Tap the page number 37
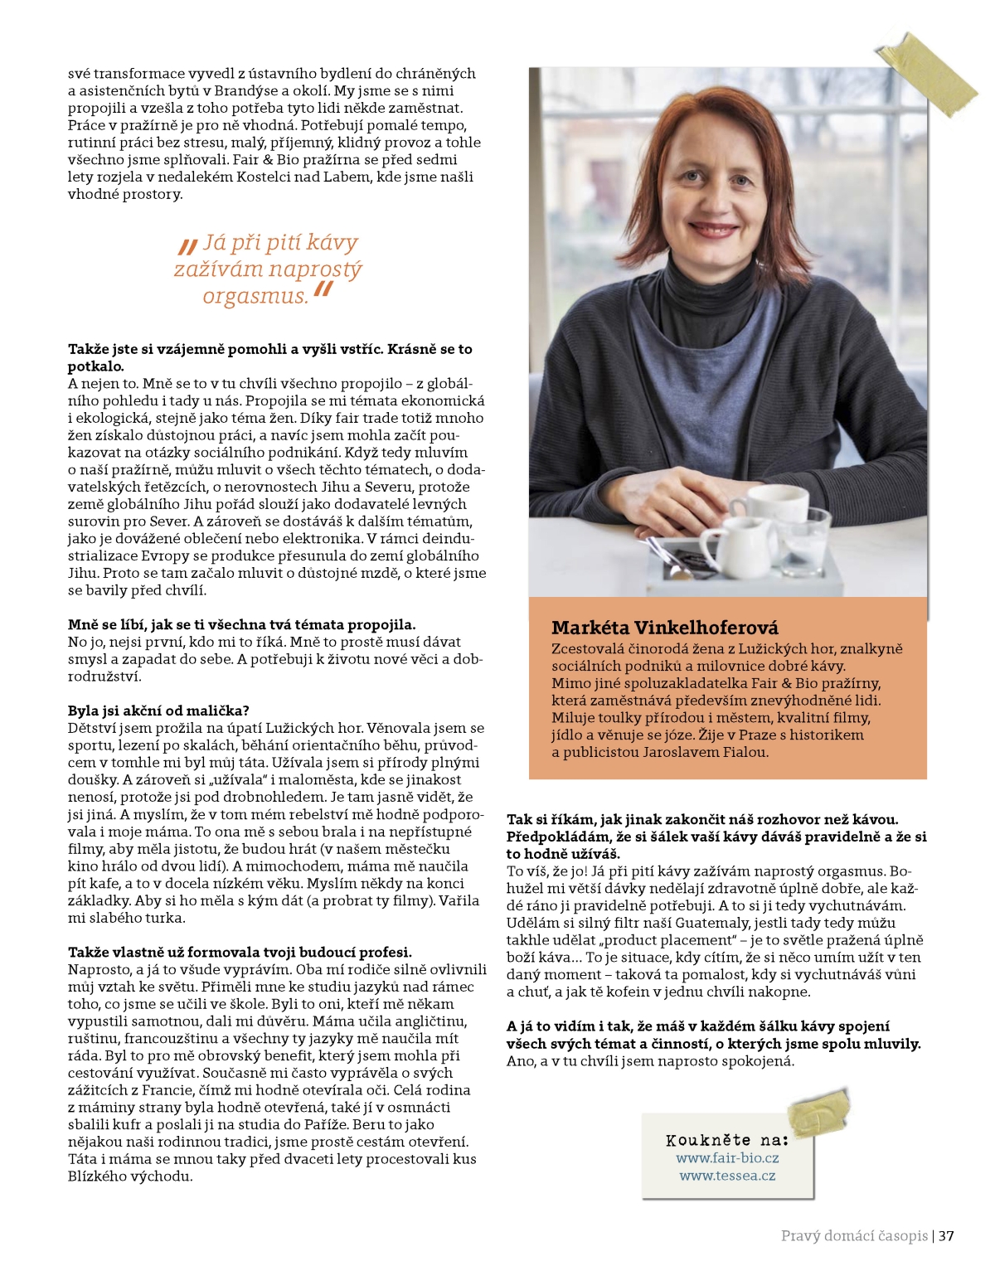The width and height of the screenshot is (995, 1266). click(x=946, y=1236)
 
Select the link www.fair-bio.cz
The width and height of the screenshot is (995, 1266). click(x=727, y=1158)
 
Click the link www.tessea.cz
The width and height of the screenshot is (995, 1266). click(x=727, y=1176)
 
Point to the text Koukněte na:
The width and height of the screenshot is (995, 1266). click(x=727, y=1140)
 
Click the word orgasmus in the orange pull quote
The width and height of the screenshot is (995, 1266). click(x=255, y=296)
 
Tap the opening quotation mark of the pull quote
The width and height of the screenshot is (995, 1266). click(x=188, y=245)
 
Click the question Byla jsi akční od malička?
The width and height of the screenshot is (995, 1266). click(x=158, y=711)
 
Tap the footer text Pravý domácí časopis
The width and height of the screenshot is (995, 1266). click(x=854, y=1236)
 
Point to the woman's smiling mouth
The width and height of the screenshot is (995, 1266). click(x=711, y=228)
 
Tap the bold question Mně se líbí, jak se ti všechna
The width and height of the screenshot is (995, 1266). click(x=241, y=624)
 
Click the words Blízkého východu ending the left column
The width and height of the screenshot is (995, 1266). click(x=130, y=1176)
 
